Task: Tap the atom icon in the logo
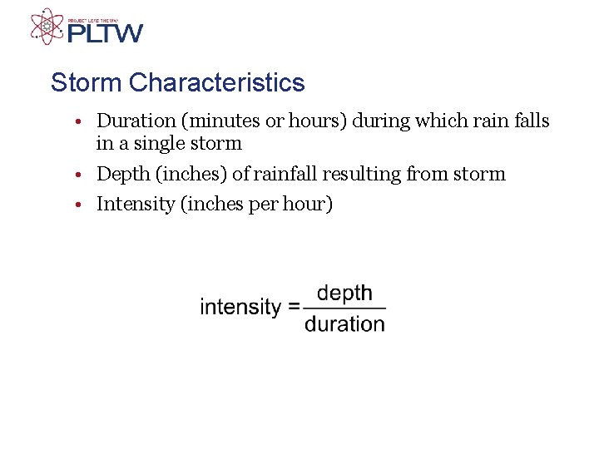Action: pos(47,26)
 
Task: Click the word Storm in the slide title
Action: pos(87,83)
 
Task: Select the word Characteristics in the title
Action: pos(217,83)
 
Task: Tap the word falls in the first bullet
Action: pos(530,121)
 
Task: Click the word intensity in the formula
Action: pos(240,307)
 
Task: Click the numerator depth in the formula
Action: pos(344,293)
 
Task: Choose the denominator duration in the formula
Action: pos(344,323)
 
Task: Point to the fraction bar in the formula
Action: pos(344,308)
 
